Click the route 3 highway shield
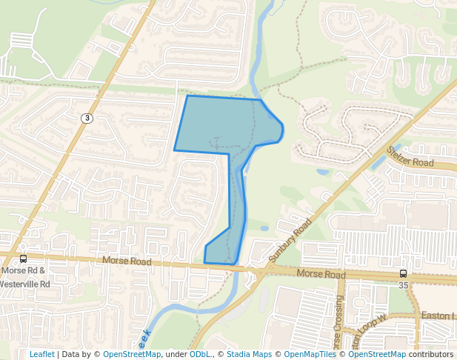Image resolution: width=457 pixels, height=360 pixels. coord(87,118)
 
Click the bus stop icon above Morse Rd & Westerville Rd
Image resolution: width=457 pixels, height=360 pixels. coord(23,259)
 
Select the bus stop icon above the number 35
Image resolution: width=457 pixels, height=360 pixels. coord(403,273)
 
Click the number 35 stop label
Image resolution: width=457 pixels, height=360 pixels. coord(403,284)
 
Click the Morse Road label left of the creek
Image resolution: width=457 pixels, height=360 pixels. coord(127,261)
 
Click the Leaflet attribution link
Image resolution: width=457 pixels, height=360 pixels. coord(41,354)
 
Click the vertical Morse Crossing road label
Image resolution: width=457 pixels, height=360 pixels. coord(338,324)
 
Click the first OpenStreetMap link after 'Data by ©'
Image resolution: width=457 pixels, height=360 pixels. coord(131,354)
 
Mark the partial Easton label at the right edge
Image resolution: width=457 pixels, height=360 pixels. coord(437,316)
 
